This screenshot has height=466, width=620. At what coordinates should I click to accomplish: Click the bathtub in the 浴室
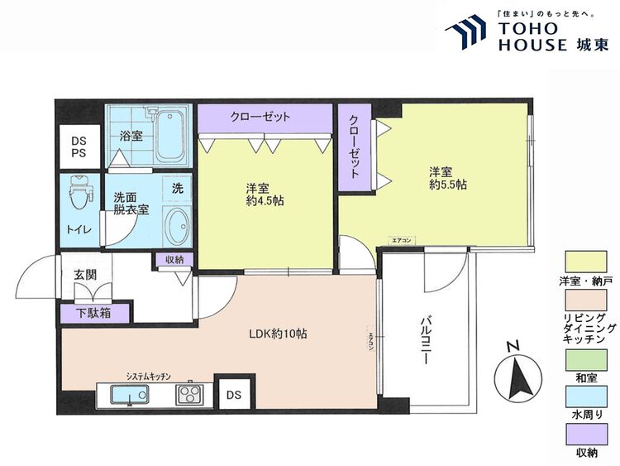(173, 134)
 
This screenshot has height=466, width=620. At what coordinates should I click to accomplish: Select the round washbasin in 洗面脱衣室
(175, 223)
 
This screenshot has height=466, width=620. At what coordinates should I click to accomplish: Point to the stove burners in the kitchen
(189, 394)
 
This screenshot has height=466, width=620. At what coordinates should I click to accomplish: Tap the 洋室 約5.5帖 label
(446, 178)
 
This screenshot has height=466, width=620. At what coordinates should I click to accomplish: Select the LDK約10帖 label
(279, 334)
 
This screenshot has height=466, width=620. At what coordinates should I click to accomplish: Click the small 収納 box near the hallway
(174, 260)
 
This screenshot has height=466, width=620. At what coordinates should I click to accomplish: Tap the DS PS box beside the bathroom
(78, 147)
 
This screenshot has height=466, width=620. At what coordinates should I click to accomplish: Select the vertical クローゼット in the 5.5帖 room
(354, 147)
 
